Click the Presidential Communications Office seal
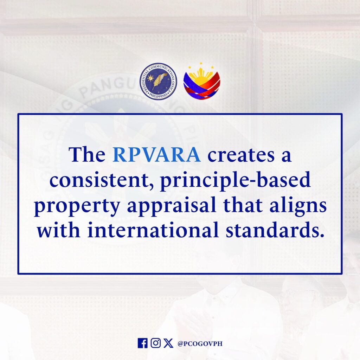(158, 81)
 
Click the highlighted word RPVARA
(156, 155)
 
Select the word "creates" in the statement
(241, 155)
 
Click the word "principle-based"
(236, 181)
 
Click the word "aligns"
(298, 206)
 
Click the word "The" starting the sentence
(87, 155)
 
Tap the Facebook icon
(143, 343)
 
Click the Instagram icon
(156, 343)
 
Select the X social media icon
(168, 343)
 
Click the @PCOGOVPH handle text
(200, 343)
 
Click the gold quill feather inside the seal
(158, 81)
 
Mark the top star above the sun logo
(201, 63)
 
